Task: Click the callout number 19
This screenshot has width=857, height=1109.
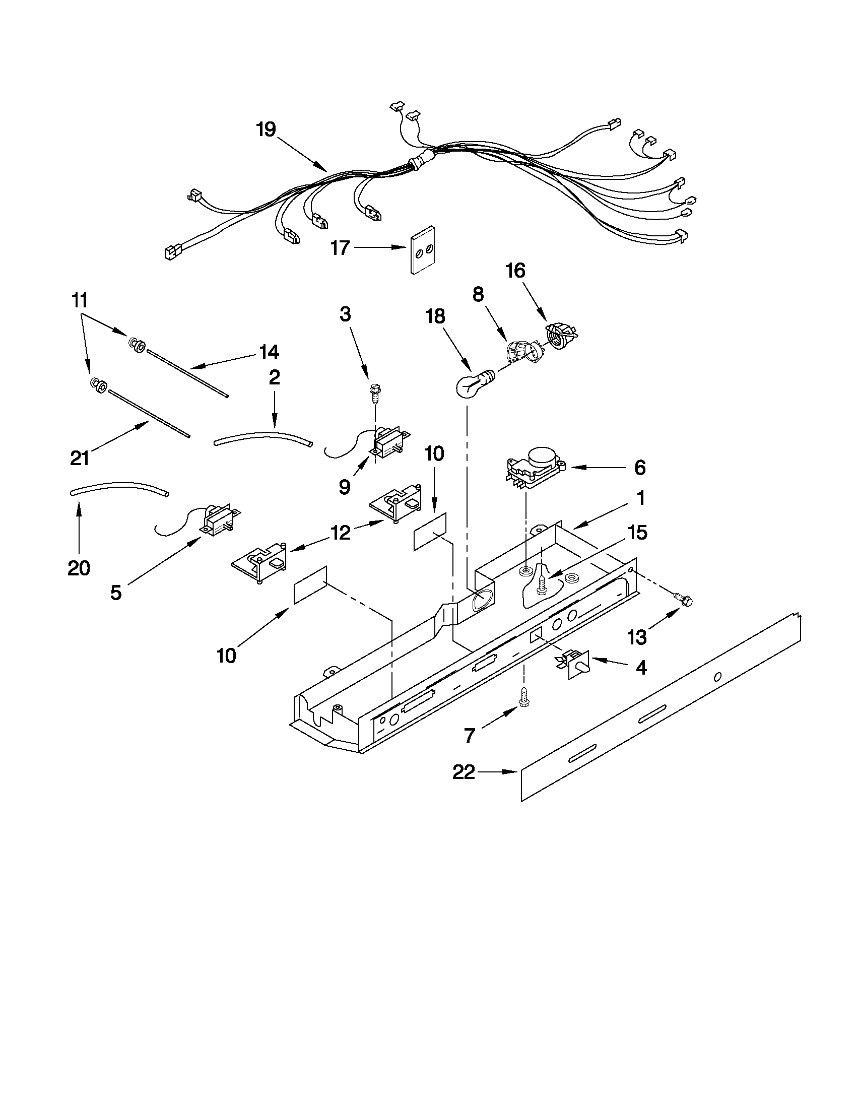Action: (266, 129)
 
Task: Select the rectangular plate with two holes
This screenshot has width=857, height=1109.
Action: (422, 249)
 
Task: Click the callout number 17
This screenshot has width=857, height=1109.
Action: (340, 248)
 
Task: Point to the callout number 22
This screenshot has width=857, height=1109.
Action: (464, 772)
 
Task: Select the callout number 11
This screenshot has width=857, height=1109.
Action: (80, 301)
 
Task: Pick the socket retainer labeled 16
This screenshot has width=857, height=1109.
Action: (561, 336)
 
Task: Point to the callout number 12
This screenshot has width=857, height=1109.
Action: (341, 533)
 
